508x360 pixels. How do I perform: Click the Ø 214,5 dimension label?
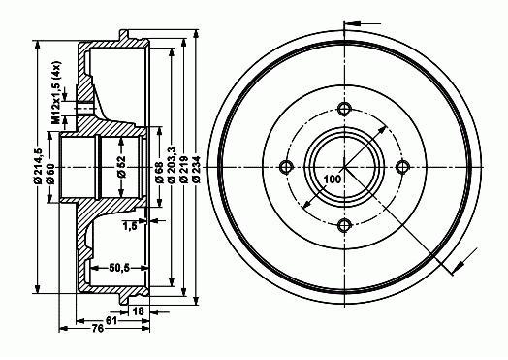[x=38, y=166]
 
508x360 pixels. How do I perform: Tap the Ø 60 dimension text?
[x=50, y=174]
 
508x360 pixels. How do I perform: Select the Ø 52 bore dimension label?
[x=121, y=167]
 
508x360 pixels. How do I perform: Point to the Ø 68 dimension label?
[x=159, y=174]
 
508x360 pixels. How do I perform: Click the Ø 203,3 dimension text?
[x=172, y=165]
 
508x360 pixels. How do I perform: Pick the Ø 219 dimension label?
[x=183, y=170]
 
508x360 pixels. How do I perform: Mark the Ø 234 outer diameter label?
[x=196, y=170]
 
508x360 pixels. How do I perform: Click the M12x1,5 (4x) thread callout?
[x=56, y=92]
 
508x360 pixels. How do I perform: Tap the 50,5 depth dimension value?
[x=119, y=268]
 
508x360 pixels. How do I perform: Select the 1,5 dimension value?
[x=130, y=226]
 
